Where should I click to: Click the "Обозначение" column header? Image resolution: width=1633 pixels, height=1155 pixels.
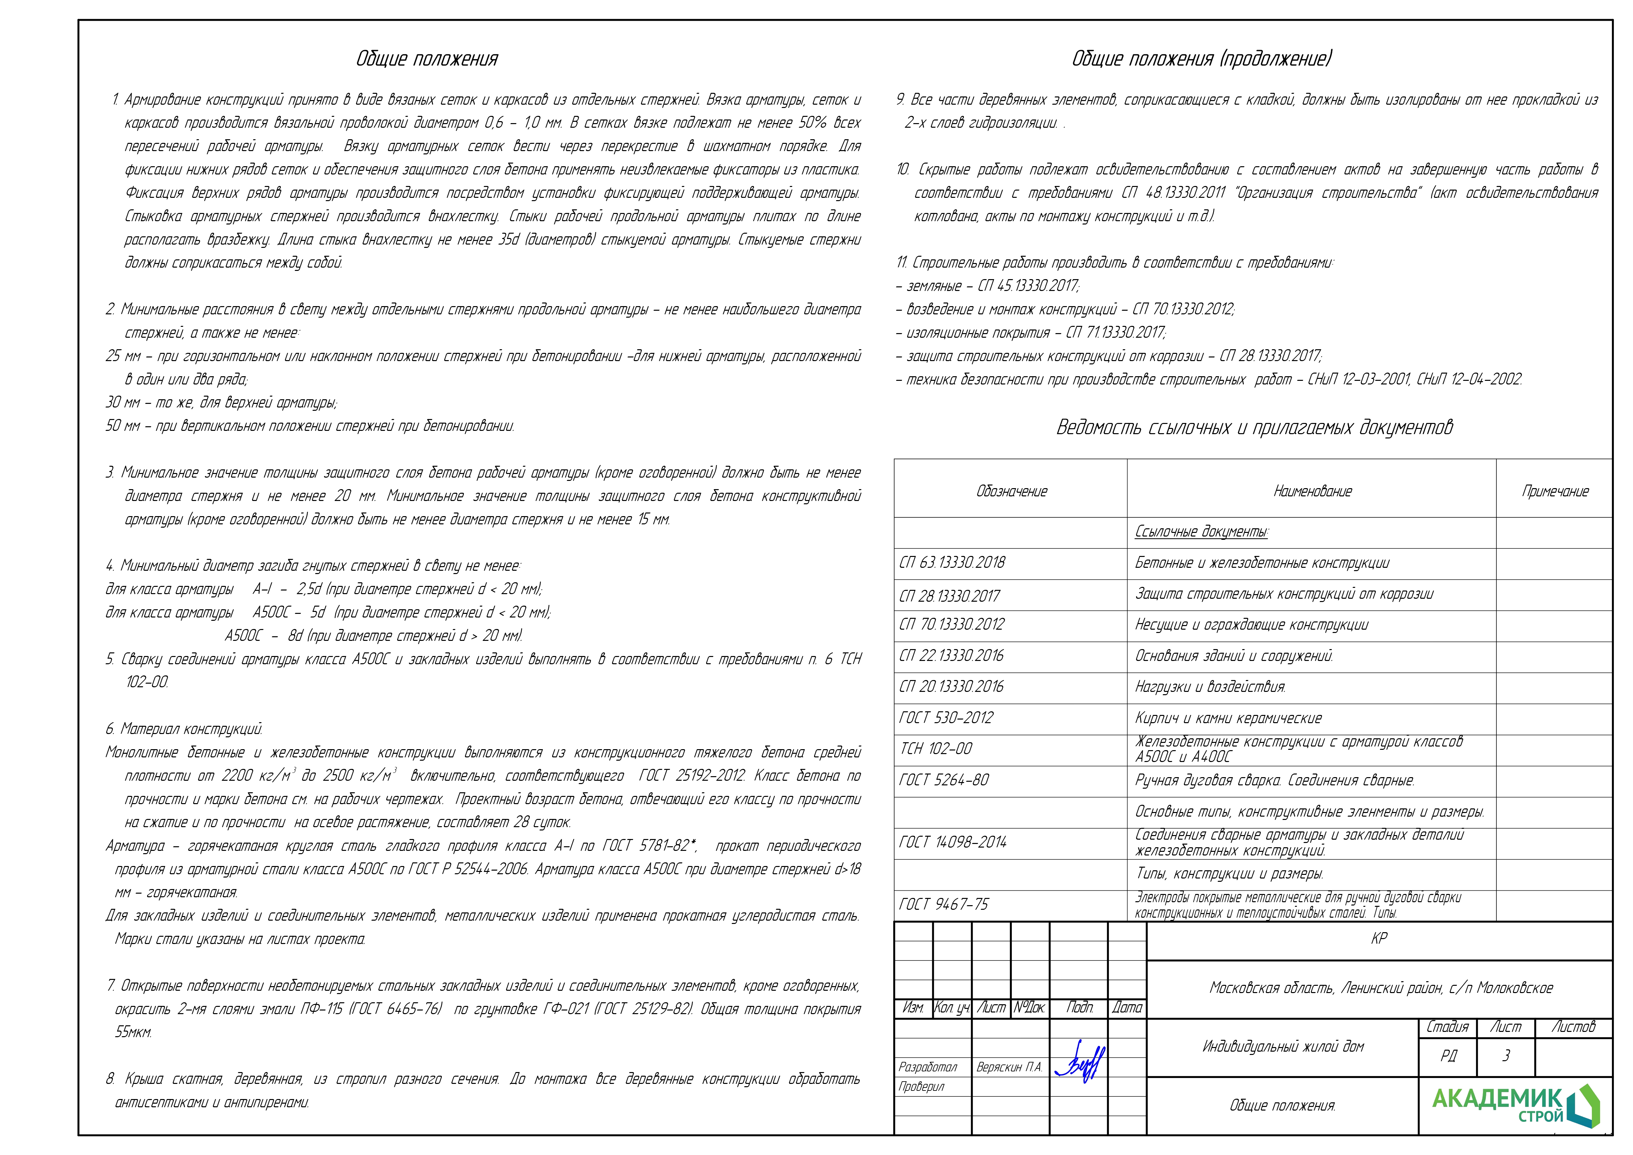[1011, 491]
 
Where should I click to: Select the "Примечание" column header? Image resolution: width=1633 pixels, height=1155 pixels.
[1555, 491]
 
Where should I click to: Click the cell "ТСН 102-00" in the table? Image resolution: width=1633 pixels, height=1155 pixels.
[936, 748]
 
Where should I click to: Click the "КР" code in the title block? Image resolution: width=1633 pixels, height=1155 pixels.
[1379, 939]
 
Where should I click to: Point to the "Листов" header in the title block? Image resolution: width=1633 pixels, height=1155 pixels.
[1573, 1027]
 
